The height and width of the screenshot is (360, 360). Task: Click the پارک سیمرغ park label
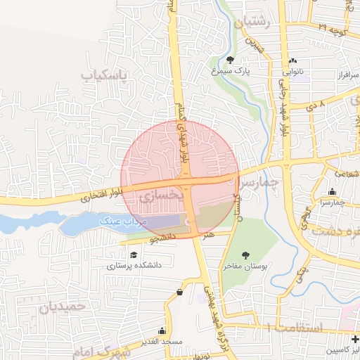pyautogui.click(x=231, y=70)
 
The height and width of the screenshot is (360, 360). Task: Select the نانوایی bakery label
pyautogui.click(x=294, y=71)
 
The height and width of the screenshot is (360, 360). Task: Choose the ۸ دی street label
pyautogui.click(x=314, y=105)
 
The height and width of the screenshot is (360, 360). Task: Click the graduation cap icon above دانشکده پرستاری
pyautogui.click(x=133, y=254)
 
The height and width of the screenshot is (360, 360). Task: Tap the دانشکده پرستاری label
pyautogui.click(x=135, y=265)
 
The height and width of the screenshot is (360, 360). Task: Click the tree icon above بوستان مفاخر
pyautogui.click(x=245, y=255)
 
